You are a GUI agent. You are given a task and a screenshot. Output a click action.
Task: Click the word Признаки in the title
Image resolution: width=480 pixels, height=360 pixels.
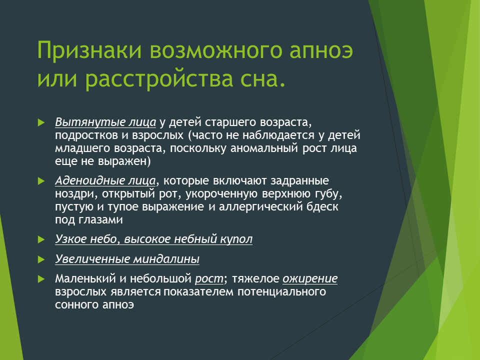point(89,50)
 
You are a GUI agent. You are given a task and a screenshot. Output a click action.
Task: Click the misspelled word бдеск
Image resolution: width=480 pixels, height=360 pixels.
point(322,206)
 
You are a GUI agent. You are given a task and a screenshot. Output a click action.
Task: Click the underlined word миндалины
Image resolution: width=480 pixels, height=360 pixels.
point(166,259)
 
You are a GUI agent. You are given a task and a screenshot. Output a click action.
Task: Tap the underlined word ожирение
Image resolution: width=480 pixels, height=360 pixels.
point(310,279)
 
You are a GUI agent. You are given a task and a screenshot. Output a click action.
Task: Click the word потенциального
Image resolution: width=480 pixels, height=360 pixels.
point(281,291)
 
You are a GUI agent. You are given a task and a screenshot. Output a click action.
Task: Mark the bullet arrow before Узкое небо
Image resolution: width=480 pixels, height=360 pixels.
point(41,239)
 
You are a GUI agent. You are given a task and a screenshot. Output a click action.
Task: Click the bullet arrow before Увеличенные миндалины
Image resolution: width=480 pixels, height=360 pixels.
point(41,259)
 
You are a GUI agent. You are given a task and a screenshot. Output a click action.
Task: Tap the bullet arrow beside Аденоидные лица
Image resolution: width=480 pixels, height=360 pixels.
point(41,181)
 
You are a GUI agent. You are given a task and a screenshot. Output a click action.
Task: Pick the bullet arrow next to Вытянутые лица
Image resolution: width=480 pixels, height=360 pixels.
point(41,123)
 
